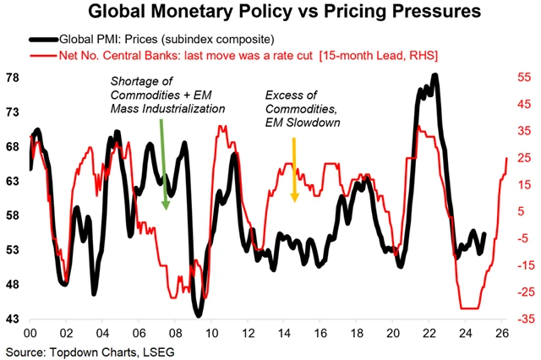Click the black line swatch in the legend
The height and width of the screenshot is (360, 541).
(x=43, y=40)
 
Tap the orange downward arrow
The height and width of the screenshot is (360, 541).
(x=294, y=177)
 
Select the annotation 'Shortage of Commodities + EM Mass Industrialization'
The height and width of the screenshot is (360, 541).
(x=157, y=95)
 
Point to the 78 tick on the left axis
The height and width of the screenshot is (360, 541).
(x=14, y=77)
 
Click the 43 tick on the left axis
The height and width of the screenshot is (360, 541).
(x=14, y=319)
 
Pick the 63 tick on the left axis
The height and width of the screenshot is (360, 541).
(x=14, y=181)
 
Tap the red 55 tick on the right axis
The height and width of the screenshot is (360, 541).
(x=524, y=77)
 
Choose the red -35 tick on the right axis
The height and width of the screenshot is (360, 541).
(x=522, y=319)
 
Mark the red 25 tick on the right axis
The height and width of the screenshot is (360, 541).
(x=524, y=158)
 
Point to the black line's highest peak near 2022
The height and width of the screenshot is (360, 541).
(x=434, y=76)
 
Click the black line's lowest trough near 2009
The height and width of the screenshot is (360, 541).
(x=199, y=314)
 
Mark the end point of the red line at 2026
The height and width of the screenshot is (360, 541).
(x=507, y=157)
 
